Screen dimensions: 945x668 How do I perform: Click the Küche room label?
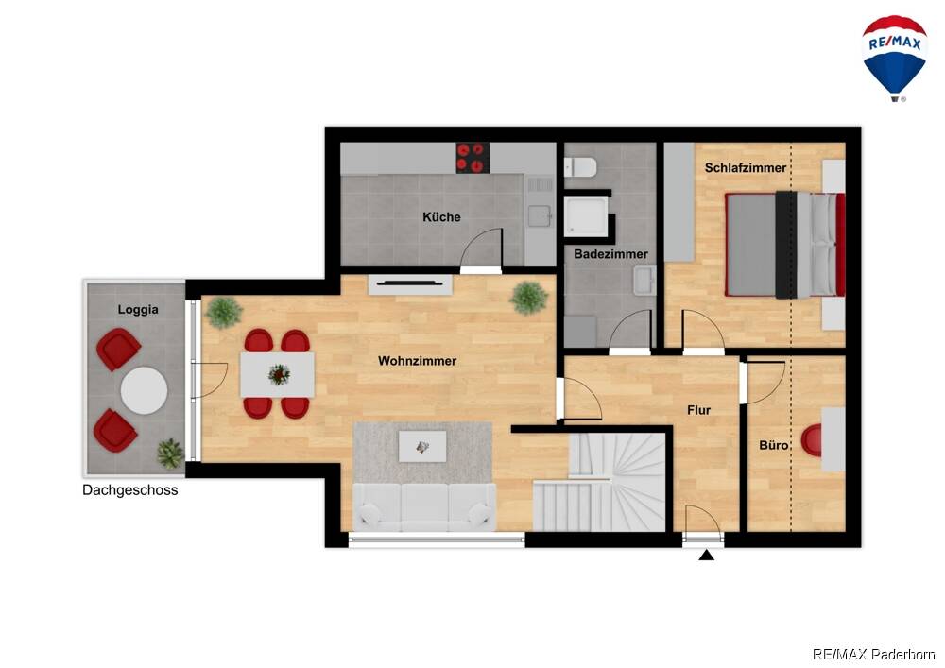pos(441,217)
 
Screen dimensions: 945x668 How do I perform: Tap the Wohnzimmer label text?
pos(417,361)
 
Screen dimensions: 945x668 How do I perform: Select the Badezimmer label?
pos(610,254)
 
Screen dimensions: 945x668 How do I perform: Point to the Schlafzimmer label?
pos(746,168)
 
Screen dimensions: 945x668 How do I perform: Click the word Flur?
pos(698,410)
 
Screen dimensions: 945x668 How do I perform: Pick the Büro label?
pos(773,445)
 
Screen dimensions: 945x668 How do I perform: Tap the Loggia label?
pos(138,310)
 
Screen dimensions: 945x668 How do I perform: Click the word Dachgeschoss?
pos(130,490)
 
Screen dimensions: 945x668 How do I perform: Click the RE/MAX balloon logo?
pos(894,58)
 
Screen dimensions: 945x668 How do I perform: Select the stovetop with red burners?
pos(472,158)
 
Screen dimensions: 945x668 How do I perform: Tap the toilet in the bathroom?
pos(580,167)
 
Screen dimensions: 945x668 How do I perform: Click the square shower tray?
pos(586,216)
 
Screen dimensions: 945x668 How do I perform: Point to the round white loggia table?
pos(144,390)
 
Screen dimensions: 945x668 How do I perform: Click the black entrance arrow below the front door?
pos(706,555)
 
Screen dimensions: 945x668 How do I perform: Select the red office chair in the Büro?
pos(812,440)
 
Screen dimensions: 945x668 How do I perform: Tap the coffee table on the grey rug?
pos(422,446)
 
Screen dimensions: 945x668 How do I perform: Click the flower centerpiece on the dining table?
pos(279,375)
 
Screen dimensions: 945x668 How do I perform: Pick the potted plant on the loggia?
pos(170,454)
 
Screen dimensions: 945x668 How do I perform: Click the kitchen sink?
pos(540,215)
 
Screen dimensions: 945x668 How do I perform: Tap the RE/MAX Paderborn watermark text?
pos(873,654)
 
